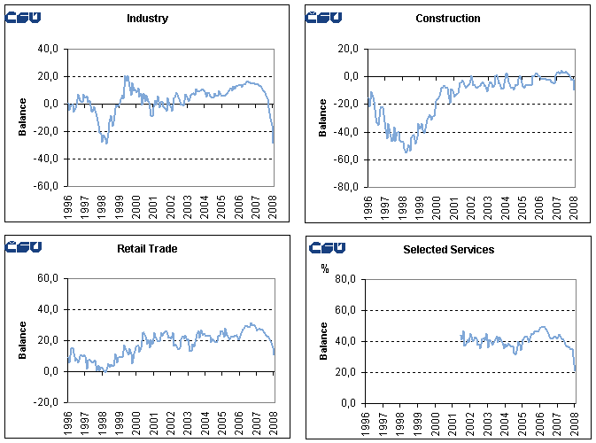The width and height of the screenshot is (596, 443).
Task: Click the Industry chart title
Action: tap(147, 19)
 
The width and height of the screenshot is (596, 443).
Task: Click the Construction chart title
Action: tap(448, 19)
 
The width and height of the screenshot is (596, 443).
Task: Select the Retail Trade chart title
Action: tap(147, 249)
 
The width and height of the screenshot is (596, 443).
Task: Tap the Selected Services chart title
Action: tap(448, 250)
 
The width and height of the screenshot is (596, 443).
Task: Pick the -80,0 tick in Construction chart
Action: tap(347, 187)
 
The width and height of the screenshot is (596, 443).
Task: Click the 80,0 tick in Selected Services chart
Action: tap(349, 279)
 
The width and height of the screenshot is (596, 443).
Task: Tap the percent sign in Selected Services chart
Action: tap(324, 268)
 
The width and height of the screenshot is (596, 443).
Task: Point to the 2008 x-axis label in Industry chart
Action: tap(273, 208)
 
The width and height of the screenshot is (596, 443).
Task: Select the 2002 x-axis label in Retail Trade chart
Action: tap(170, 421)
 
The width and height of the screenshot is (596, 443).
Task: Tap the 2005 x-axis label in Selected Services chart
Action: tap(522, 421)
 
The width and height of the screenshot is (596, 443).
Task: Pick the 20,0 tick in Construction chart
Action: tap(349, 49)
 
